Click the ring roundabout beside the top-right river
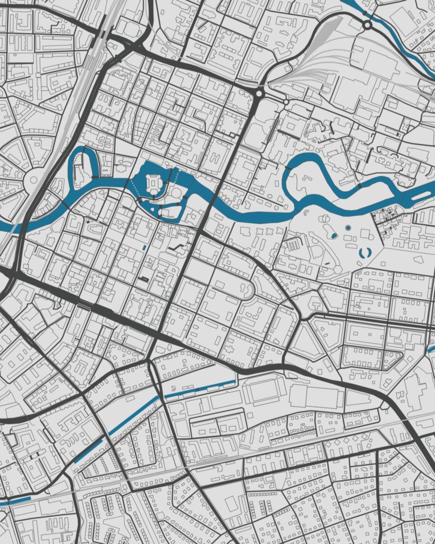click(367, 24)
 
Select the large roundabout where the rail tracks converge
click(259, 93)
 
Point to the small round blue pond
click(348, 228)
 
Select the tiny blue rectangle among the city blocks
click(143, 248)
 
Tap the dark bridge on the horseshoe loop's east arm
click(95, 177)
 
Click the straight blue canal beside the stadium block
click(199, 389)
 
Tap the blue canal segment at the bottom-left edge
click(16, 500)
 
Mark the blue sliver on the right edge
click(431, 350)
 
